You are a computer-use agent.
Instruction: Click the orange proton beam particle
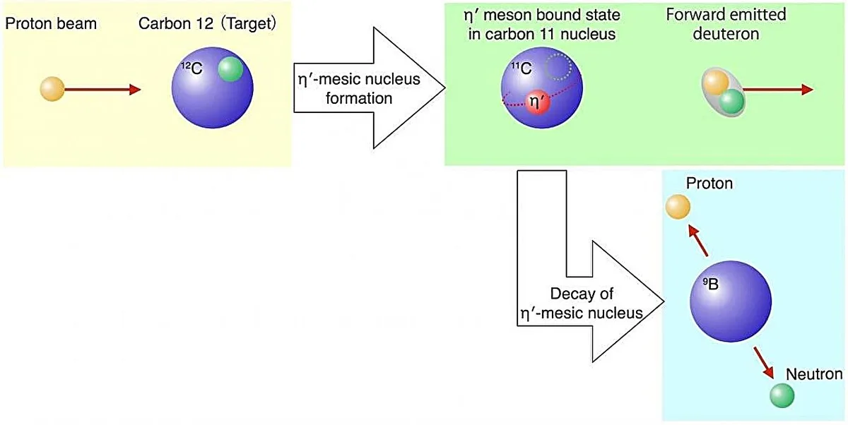pos(52,90)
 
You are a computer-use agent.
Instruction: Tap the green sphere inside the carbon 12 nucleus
pos(230,70)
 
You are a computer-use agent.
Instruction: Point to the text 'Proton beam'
pos(51,25)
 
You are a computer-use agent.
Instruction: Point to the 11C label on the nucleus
pos(522,69)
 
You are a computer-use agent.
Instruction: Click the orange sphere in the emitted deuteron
pos(716,83)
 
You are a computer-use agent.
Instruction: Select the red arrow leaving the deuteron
pos(777,90)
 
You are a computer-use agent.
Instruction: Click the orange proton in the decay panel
pos(677,206)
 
